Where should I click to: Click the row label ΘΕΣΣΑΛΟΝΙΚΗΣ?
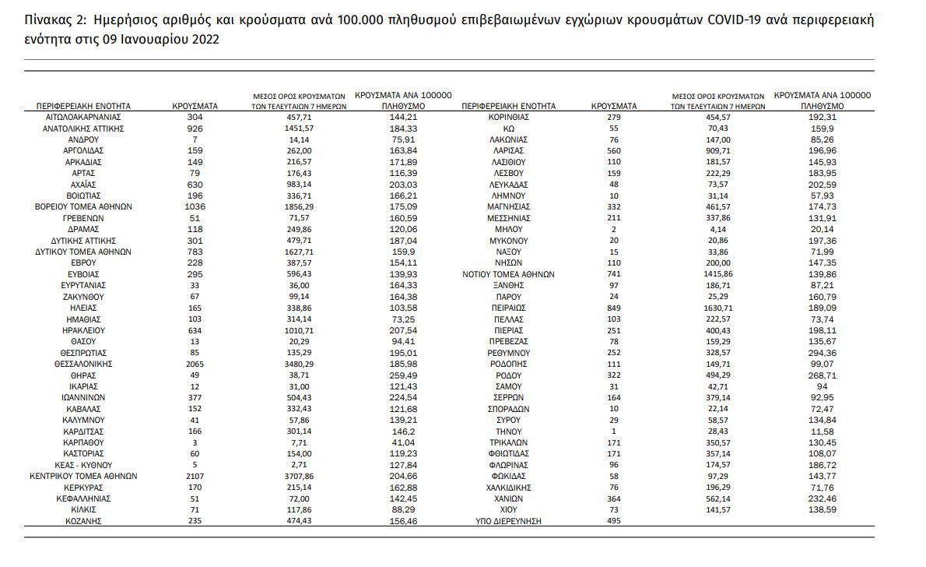pyautogui.click(x=83, y=364)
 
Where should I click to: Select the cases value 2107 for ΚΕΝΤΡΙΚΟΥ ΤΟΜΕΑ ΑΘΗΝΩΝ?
pyautogui.click(x=195, y=476)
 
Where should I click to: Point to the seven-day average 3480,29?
pyautogui.click(x=298, y=364)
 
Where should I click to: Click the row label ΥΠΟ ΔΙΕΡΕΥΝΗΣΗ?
pyautogui.click(x=508, y=521)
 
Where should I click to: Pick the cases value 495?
pyautogui.click(x=614, y=521)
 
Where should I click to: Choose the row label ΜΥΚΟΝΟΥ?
pyautogui.click(x=508, y=241)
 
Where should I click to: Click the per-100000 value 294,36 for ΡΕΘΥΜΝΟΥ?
pyautogui.click(x=822, y=353)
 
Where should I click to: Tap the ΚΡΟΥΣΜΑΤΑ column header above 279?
pyautogui.click(x=614, y=107)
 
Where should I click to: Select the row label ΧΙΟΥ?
pyautogui.click(x=508, y=509)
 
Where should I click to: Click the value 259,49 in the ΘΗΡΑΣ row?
pyautogui.click(x=403, y=375)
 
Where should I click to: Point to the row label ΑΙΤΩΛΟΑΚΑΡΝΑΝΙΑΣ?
pyautogui.click(x=83, y=117)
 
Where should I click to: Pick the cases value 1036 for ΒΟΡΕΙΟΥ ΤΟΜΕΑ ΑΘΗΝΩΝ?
pyautogui.click(x=195, y=207)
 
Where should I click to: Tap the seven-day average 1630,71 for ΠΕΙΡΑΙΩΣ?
pyautogui.click(x=717, y=308)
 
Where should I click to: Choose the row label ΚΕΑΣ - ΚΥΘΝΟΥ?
pyautogui.click(x=83, y=465)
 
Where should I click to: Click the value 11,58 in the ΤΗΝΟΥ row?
pyautogui.click(x=822, y=431)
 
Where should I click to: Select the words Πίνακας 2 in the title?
pyautogui.click(x=56, y=20)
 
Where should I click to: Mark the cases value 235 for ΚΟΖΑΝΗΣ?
pyautogui.click(x=195, y=521)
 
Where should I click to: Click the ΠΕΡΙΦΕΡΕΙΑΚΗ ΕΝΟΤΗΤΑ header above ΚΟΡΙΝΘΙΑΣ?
pyautogui.click(x=508, y=107)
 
